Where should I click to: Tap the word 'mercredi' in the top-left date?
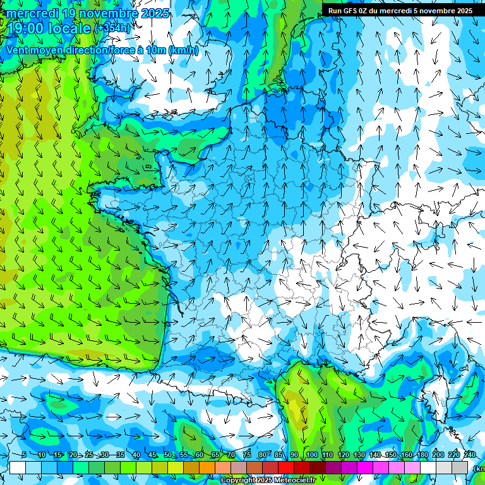click(x=33, y=13)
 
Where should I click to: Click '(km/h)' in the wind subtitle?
click(x=184, y=50)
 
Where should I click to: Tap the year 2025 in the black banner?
click(x=460, y=11)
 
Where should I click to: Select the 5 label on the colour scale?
click(x=23, y=455)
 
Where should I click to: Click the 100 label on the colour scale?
click(x=312, y=455)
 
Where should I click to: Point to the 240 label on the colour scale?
click(x=470, y=455)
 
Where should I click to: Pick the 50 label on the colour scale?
click(x=168, y=455)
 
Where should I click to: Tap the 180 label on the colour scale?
click(x=422, y=455)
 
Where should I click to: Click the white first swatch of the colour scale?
click(x=18, y=467)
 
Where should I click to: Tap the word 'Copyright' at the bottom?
click(x=237, y=481)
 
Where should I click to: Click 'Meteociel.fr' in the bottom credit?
click(x=294, y=481)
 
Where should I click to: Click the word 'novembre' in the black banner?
click(x=431, y=11)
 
